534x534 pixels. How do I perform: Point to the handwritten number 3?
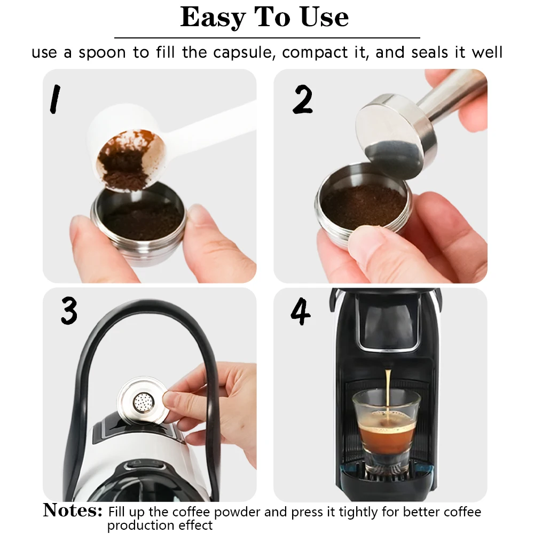[x=69, y=311]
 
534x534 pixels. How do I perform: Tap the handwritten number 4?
[x=300, y=313]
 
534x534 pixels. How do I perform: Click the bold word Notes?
[x=72, y=511]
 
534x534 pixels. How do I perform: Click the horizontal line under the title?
[x=267, y=38]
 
